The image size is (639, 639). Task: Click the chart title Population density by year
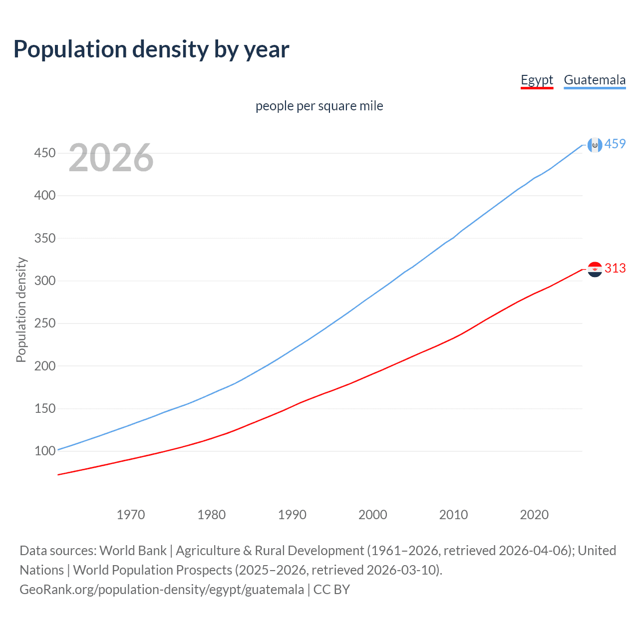pos(151,49)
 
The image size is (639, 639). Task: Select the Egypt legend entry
pos(537,80)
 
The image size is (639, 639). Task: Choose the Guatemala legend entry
pos(595,80)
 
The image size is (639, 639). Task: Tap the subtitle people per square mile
pos(319,106)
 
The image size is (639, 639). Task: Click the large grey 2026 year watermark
pos(111,158)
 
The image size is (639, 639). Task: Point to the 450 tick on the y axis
pos(44,153)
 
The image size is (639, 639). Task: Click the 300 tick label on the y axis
pos(44,281)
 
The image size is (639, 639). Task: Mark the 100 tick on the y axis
pos(44,451)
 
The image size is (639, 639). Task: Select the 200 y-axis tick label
pos(44,366)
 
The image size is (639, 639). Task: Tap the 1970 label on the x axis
pos(131,515)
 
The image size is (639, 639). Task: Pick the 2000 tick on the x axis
pos(373,515)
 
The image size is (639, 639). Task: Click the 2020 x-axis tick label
pos(534,515)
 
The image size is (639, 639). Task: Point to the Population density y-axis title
pos(21,310)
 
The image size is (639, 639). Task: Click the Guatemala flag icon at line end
pos(595,145)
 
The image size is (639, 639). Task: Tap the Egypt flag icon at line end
pos(595,269)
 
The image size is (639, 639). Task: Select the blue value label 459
pos(615,144)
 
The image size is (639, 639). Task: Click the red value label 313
pos(615,268)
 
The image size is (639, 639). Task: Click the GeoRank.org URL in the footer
pos(162,590)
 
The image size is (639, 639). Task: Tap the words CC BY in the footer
pos(331,590)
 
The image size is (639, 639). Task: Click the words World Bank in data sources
pos(133,551)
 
